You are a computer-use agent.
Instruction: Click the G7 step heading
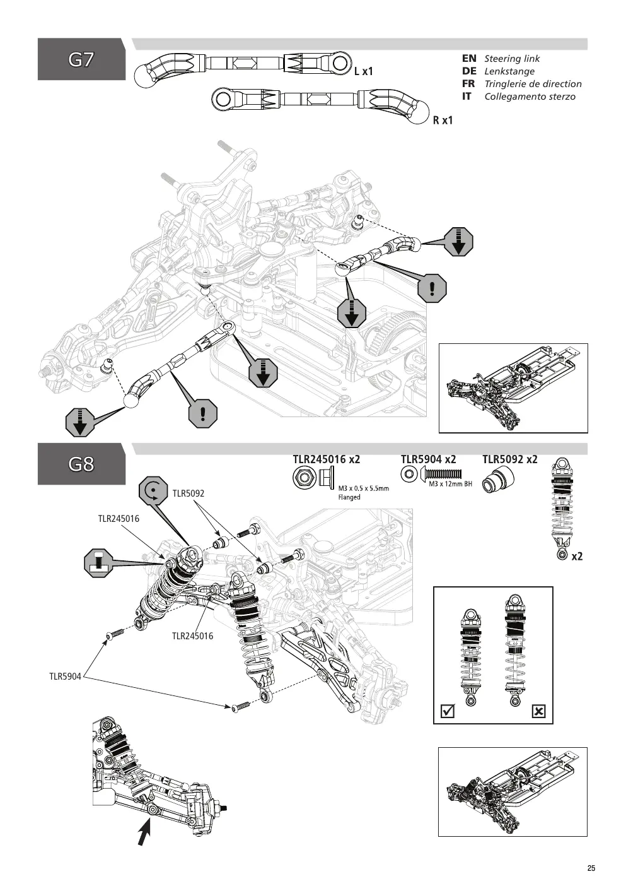[x=81, y=60]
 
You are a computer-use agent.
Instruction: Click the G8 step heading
[x=81, y=464]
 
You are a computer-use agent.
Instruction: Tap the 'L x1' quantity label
[x=364, y=71]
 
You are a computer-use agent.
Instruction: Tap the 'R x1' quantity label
[x=443, y=121]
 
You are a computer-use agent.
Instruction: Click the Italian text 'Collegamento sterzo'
[x=530, y=97]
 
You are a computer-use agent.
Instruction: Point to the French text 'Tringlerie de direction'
[x=533, y=84]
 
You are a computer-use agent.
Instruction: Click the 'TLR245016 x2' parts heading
[x=327, y=459]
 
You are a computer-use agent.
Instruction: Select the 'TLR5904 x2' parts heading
[x=429, y=459]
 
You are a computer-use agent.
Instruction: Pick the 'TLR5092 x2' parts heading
[x=510, y=459]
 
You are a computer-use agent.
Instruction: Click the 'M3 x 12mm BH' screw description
[x=451, y=484]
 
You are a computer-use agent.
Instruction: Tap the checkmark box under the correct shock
[x=448, y=712]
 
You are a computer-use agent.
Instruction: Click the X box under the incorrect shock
[x=538, y=712]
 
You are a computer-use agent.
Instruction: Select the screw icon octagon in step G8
[x=98, y=563]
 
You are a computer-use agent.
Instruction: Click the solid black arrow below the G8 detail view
[x=144, y=831]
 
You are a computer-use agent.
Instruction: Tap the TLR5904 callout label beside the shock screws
[x=65, y=676]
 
